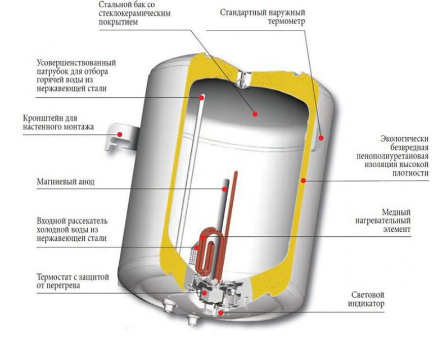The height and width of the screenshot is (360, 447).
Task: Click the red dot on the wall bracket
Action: [120, 133]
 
